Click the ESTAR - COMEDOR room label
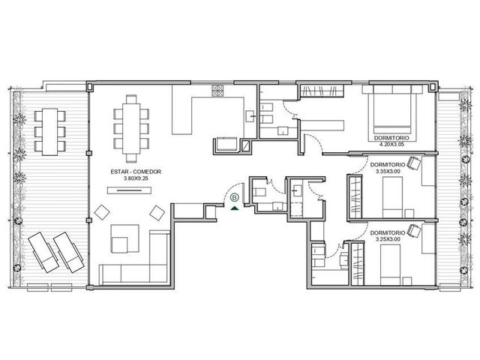coord(136,172)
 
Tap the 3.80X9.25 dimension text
coord(136,178)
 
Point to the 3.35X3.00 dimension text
coord(388,172)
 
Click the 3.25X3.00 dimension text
coord(388,239)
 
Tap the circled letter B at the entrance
coord(235,197)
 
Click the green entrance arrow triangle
coord(235,208)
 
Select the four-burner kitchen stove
coord(217,91)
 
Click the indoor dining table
coord(131,128)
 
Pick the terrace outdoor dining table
coord(49,132)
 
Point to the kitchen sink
coord(250,116)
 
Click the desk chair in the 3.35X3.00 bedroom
coord(414,163)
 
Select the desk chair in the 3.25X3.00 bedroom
coord(414,230)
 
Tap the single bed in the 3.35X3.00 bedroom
coord(392,197)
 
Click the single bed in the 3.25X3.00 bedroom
coord(390,265)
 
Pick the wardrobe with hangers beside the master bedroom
coord(322,91)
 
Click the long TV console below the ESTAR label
coord(129,190)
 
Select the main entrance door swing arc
coord(228,189)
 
